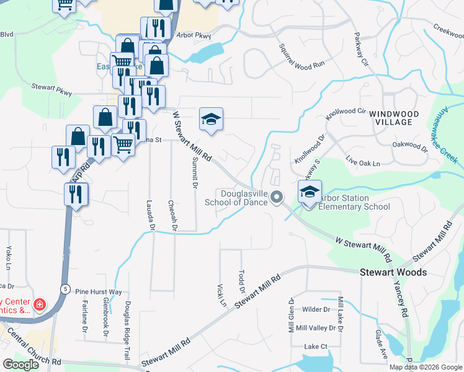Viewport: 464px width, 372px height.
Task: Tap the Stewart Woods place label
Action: (x=393, y=272)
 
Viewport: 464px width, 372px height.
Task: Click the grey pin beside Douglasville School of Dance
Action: (x=277, y=197)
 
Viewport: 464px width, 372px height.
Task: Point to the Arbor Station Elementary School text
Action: (x=354, y=202)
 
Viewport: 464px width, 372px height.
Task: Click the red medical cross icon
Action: (x=39, y=304)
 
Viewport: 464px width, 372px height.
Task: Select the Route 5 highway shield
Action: (x=65, y=288)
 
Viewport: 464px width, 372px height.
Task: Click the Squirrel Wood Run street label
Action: (x=301, y=56)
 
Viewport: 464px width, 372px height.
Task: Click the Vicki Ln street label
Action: (x=221, y=296)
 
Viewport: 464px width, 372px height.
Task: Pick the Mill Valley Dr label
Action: (x=315, y=328)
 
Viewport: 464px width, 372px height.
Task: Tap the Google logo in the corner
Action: (x=20, y=364)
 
